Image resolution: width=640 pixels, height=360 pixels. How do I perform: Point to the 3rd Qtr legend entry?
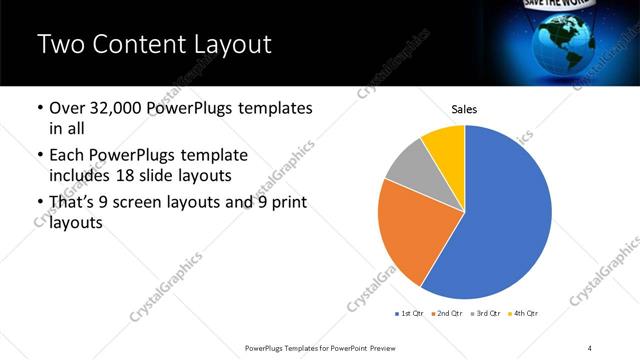tap(485, 314)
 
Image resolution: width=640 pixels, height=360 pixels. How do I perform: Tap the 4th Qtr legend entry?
tap(523, 314)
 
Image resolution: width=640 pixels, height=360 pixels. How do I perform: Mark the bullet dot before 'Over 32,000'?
tap(39, 107)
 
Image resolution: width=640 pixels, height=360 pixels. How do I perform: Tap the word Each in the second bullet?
tap(68, 156)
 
